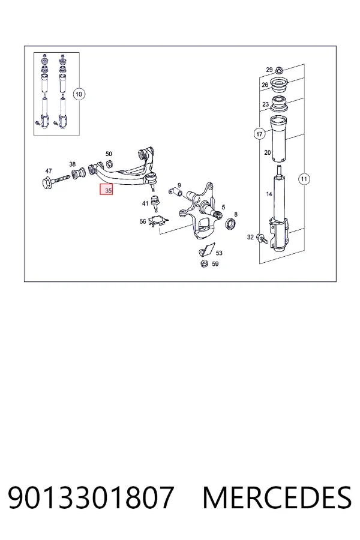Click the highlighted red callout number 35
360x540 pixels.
pos(106,190)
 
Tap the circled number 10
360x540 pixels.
pos(79,94)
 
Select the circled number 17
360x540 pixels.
pos(259,134)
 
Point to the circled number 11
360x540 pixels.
pos(304,179)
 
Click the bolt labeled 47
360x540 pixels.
pos(56,181)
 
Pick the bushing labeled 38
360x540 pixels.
pos(79,173)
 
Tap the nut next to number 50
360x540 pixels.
pos(109,163)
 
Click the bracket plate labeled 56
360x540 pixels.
pos(158,220)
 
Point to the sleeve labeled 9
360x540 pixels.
pos(177,191)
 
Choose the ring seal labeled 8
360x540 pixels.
pos(230,224)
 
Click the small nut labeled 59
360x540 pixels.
pos(204,264)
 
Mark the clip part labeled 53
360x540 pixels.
pos(206,250)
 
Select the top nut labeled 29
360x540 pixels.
pos(279,71)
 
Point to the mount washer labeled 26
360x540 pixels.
pos(280,86)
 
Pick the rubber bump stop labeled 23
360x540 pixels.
pos(280,104)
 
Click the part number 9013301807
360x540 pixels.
pos(91,497)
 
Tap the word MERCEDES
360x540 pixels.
pos(277,497)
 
